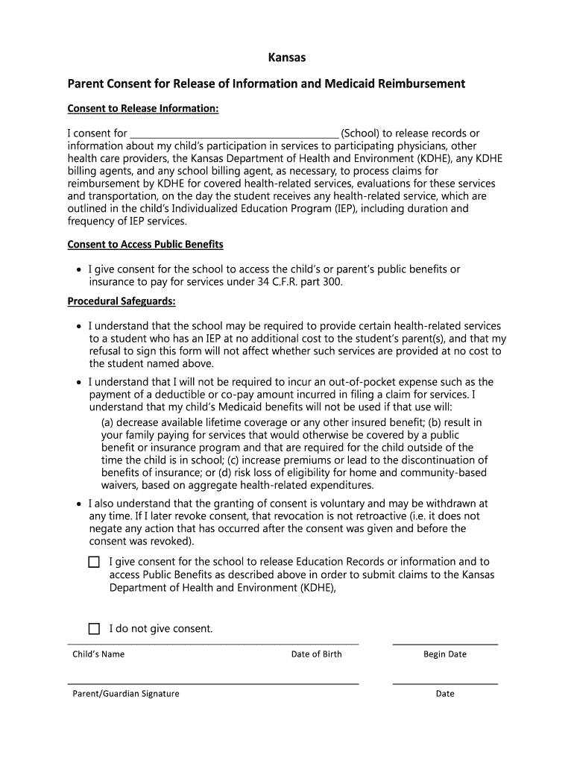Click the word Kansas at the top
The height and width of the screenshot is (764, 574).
[x=287, y=57]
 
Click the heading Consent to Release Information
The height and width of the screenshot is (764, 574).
[x=143, y=109]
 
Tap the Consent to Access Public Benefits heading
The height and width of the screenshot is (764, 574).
[x=145, y=245]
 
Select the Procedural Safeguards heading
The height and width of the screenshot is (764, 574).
[x=122, y=301]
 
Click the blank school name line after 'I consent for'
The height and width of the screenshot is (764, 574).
[x=234, y=134]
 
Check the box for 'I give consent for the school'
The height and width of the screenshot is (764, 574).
[x=94, y=562]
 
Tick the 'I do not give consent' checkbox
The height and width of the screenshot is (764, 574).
[x=94, y=629]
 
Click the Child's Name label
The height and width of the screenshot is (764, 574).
[x=98, y=654]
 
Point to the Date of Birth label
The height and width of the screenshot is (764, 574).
[x=316, y=654]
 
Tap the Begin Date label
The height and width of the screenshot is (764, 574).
[x=445, y=654]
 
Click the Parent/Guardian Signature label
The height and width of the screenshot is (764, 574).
[x=126, y=694]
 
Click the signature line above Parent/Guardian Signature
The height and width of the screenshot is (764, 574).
[x=213, y=683]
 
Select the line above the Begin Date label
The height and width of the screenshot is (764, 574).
[x=445, y=644]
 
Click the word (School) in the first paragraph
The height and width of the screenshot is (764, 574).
[x=361, y=134]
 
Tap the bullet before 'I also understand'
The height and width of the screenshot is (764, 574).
[x=78, y=504]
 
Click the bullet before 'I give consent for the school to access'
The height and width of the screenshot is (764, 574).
[x=78, y=269]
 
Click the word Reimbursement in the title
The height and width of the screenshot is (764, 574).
[x=421, y=84]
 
